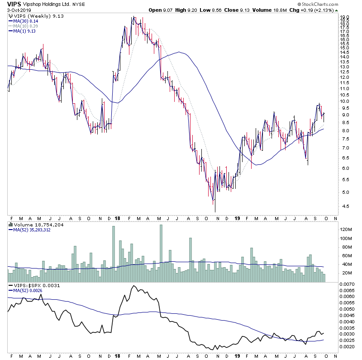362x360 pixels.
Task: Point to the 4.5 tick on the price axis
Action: [344, 206]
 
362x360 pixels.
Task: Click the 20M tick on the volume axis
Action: [346, 273]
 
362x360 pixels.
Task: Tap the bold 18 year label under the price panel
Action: [117, 218]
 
